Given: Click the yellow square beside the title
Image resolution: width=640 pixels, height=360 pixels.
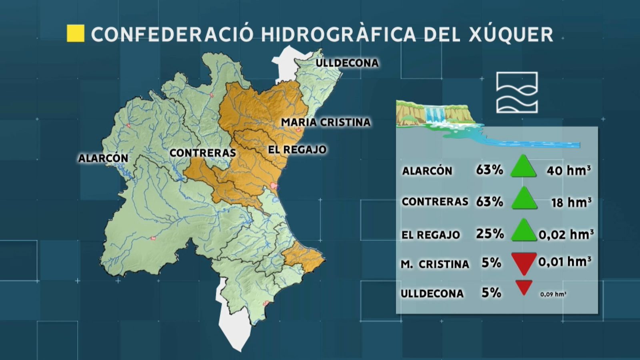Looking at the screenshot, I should [x=75, y=34].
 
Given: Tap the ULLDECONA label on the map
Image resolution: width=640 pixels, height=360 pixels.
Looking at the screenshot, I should [x=347, y=63].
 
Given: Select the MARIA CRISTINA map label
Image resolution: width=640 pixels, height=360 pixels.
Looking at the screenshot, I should [x=326, y=122].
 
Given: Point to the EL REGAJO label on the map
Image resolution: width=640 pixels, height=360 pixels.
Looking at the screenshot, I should [x=297, y=150].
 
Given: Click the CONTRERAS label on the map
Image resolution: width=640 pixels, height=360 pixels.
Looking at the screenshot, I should [x=202, y=153].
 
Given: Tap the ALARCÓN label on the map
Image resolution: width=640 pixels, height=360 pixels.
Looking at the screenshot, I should [x=103, y=158].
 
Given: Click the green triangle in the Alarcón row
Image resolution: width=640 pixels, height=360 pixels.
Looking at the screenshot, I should [x=523, y=167].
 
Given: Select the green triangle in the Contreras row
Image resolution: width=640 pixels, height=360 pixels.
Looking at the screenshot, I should [x=524, y=199].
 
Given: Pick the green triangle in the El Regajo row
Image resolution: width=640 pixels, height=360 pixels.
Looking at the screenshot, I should [x=524, y=231].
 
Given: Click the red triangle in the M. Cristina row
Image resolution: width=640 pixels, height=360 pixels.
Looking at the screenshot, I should [x=524, y=262].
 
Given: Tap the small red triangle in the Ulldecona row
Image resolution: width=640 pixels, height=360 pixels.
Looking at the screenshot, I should [x=524, y=287].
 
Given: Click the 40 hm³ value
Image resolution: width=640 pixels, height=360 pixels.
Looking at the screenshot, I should [x=568, y=170].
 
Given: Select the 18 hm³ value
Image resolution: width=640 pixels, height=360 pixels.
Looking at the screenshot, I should [x=571, y=202].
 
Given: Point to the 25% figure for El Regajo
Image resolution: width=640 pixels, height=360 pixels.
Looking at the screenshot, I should [x=490, y=234].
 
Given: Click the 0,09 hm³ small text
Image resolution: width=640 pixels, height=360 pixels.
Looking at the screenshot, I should [x=553, y=294].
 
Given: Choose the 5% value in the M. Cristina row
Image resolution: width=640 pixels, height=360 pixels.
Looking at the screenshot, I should [x=491, y=263].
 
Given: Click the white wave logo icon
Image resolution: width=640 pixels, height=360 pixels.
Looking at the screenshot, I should [x=517, y=92].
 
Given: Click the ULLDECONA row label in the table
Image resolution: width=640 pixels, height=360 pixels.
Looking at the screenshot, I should [x=432, y=294].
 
